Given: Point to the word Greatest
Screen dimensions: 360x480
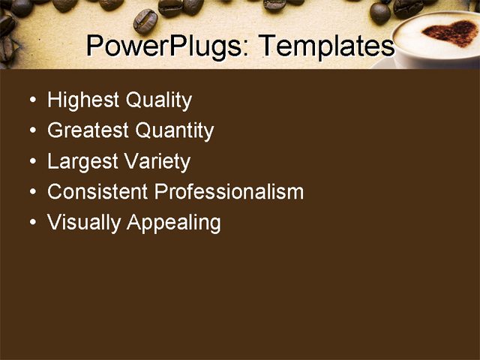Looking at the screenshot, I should [x=87, y=131].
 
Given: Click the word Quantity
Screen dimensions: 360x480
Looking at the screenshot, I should [x=174, y=131].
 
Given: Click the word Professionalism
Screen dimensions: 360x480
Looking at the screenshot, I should [x=229, y=192].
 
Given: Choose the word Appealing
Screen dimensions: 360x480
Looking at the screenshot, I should [x=173, y=223].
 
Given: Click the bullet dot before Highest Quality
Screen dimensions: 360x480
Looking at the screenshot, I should [x=31, y=100].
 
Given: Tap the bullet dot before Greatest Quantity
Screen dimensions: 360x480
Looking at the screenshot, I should [x=31, y=131].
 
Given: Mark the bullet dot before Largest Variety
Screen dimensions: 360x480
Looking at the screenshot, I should [x=31, y=162].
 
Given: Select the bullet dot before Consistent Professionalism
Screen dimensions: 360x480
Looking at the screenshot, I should [x=31, y=193].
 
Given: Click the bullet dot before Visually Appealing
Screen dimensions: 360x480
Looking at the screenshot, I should [x=31, y=223].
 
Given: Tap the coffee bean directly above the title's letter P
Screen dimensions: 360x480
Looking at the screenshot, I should [x=145, y=20].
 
